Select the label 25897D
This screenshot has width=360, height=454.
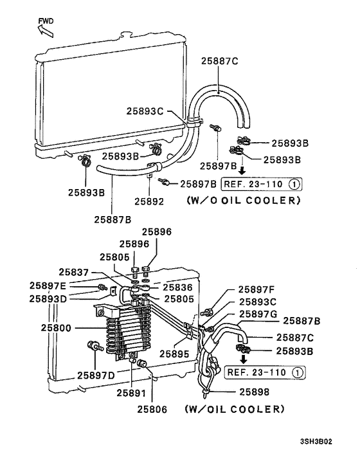[x=96, y=375]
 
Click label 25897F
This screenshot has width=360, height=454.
[x=256, y=290]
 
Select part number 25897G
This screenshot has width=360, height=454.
[x=258, y=314]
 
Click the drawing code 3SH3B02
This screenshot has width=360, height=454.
[x=316, y=442]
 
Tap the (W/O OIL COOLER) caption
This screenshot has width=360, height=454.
[x=243, y=200]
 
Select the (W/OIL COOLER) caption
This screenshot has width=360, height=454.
[x=234, y=409]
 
